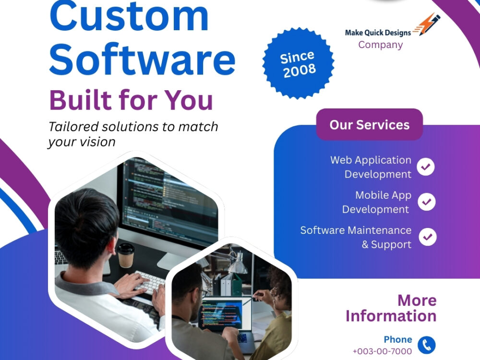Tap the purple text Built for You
[x=131, y=100]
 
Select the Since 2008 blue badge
[x=298, y=64]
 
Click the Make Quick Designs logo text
[x=378, y=33]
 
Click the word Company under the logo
[x=380, y=45]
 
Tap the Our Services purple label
[x=369, y=125]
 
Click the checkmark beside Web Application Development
[x=426, y=167]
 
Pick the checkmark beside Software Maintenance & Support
[x=427, y=237]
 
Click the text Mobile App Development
[x=376, y=202]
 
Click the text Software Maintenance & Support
[x=356, y=237]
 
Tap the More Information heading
[x=391, y=308]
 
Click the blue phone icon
[x=426, y=345]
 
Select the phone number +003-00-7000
[x=382, y=351]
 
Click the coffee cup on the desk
[x=126, y=255]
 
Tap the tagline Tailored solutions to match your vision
[x=133, y=134]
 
